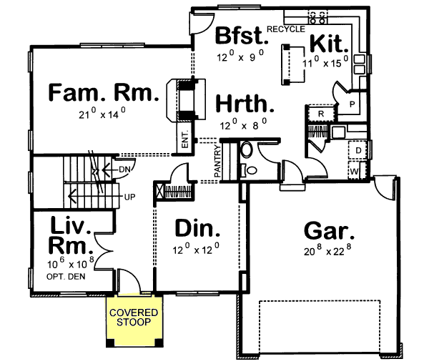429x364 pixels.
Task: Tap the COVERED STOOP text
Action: pyautogui.click(x=134, y=318)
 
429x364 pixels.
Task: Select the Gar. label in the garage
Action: pyautogui.click(x=330, y=230)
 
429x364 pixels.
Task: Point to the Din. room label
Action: pyautogui.click(x=197, y=229)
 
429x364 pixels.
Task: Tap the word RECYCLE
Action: pyautogui.click(x=286, y=29)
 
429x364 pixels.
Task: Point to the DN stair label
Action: pyautogui.click(x=125, y=169)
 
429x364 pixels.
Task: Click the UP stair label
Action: pyautogui.click(x=130, y=195)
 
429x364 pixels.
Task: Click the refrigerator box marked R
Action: pyautogui.click(x=321, y=114)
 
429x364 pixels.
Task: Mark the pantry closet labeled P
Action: pyautogui.click(x=352, y=104)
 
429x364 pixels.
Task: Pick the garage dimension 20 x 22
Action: pyautogui.click(x=330, y=251)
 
